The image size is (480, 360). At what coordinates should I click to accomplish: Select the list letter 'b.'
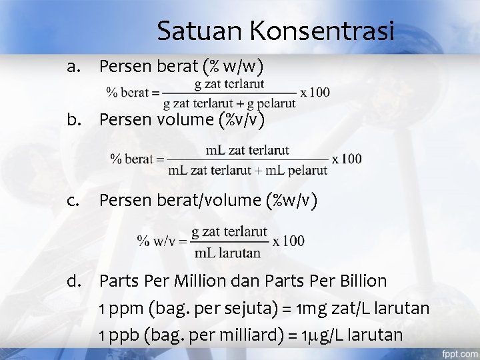pyautogui.click(x=74, y=120)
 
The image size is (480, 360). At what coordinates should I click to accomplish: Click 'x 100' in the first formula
pyautogui.click(x=315, y=93)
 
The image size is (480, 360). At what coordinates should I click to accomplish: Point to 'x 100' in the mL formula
pyautogui.click(x=347, y=159)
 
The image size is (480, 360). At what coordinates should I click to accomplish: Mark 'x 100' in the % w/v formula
pyautogui.click(x=288, y=241)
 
